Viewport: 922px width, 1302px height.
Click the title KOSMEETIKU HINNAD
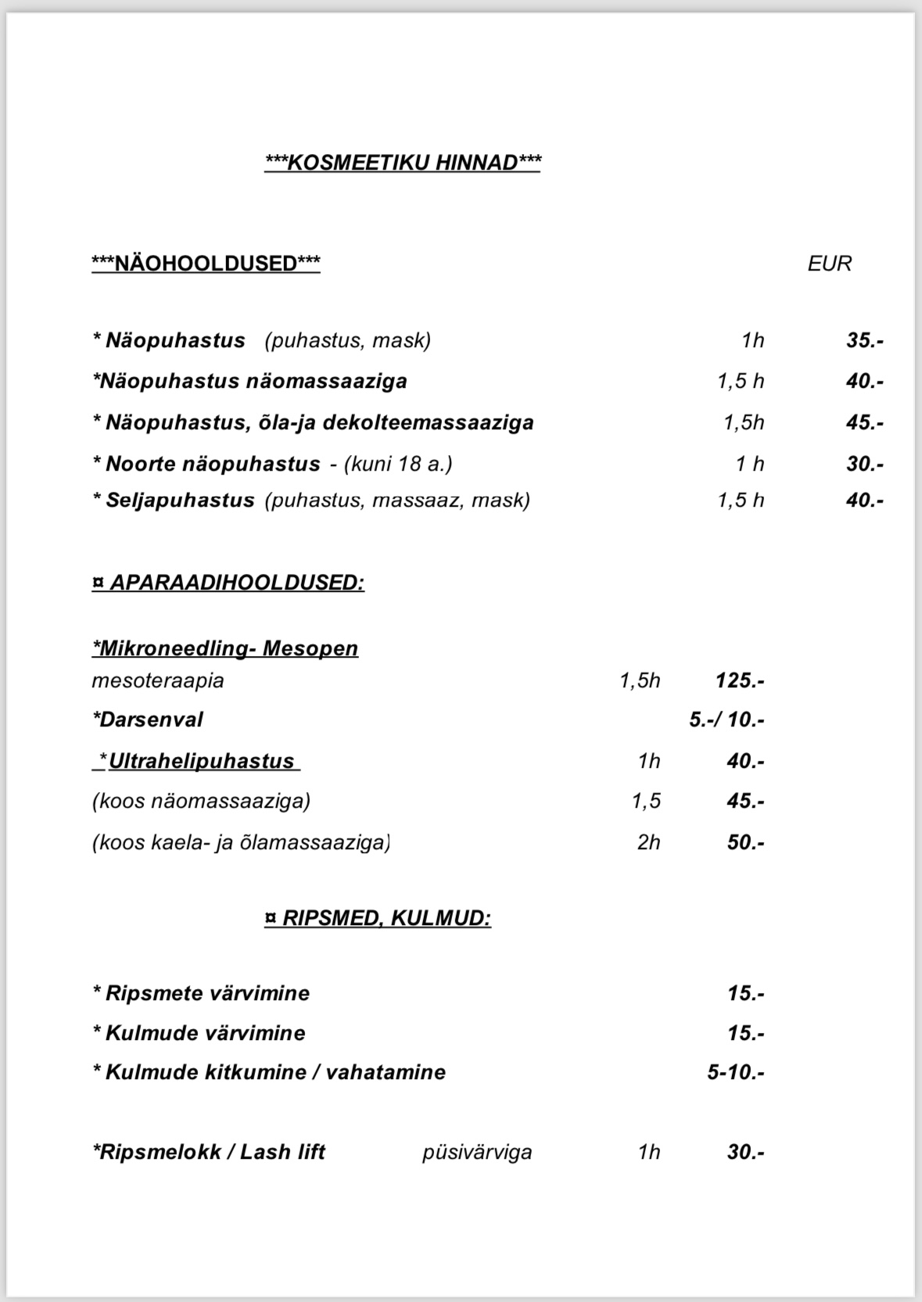coord(403,163)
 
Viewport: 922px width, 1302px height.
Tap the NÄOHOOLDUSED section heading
coord(206,264)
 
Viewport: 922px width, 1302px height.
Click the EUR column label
coord(829,264)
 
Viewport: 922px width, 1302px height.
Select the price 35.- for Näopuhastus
coord(864,341)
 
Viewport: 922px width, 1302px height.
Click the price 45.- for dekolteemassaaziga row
coord(864,423)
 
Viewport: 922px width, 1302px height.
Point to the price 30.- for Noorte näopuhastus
coord(864,464)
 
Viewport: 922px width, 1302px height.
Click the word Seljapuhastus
coord(180,500)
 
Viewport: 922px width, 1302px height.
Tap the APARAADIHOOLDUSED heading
coord(228,583)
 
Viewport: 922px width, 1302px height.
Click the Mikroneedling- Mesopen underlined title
coord(225,648)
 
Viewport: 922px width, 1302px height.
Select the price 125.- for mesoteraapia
coord(739,680)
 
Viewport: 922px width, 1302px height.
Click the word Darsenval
coord(148,719)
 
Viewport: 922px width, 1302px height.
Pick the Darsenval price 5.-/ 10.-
coord(726,719)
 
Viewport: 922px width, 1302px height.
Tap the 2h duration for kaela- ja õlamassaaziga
coord(648,842)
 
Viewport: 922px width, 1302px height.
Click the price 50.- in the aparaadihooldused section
coord(745,842)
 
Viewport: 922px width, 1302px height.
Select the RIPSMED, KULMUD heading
coord(378,917)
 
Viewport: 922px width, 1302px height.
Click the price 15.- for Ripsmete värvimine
coord(745,993)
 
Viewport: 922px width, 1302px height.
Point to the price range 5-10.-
coord(736,1072)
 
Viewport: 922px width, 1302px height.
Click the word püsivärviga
coord(477,1152)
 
